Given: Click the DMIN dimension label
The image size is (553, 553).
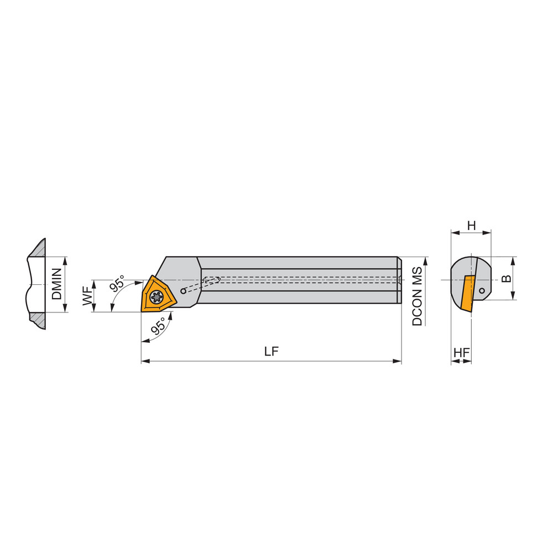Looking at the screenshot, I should pyautogui.click(x=58, y=284).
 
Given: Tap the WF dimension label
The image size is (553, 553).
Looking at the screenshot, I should pyautogui.click(x=87, y=296).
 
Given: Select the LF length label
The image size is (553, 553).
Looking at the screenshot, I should pyautogui.click(x=271, y=351).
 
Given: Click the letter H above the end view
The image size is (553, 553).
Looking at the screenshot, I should pyautogui.click(x=471, y=225).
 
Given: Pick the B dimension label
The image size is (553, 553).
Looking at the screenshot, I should pyautogui.click(x=506, y=278).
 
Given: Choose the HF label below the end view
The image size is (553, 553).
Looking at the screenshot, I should pyautogui.click(x=461, y=352).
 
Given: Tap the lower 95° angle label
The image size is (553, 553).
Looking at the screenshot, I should pyautogui.click(x=158, y=326).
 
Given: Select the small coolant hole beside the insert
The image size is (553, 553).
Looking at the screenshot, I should pyautogui.click(x=183, y=291).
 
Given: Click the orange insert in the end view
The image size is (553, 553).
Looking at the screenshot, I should pyautogui.click(x=468, y=293).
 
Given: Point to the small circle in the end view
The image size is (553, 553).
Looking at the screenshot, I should pyautogui.click(x=482, y=290).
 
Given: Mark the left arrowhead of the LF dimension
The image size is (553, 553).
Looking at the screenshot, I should pyautogui.click(x=145, y=361).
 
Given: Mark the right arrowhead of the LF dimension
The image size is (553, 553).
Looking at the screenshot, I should pyautogui.click(x=398, y=361).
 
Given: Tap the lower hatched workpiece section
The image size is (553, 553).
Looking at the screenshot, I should pyautogui.click(x=38, y=320).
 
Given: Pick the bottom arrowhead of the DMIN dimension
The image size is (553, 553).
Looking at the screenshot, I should pyautogui.click(x=66, y=309).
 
